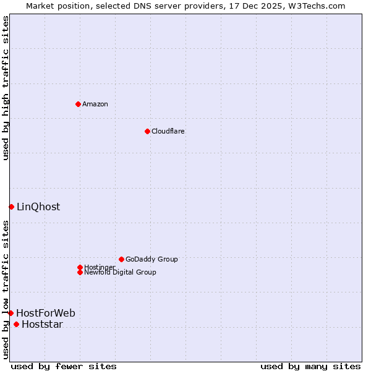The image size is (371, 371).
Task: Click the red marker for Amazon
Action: [78, 104]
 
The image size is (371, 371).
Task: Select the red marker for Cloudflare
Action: [147, 131]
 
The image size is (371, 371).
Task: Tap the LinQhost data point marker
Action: [11, 207]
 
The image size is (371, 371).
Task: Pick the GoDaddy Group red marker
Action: [121, 259]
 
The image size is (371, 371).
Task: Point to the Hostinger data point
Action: [80, 267]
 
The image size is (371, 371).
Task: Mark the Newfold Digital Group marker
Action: [80, 272]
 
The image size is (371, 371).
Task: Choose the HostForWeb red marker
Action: [11, 313]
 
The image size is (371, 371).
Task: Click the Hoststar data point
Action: [16, 324]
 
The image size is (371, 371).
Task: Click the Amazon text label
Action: [95, 104]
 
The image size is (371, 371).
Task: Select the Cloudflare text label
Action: [168, 131]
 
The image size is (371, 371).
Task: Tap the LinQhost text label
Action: [38, 207]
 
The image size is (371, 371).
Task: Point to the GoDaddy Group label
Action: [151, 259]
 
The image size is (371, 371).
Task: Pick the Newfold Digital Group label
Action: [121, 272]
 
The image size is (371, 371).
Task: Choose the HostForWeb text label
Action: [46, 313]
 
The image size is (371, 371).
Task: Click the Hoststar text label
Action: [42, 324]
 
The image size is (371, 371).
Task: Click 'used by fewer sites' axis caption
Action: [64, 366]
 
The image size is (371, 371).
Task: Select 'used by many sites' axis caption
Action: [310, 366]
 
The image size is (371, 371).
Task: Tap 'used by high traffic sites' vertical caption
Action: [6, 88]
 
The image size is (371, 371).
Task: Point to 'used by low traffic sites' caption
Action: [6, 289]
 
